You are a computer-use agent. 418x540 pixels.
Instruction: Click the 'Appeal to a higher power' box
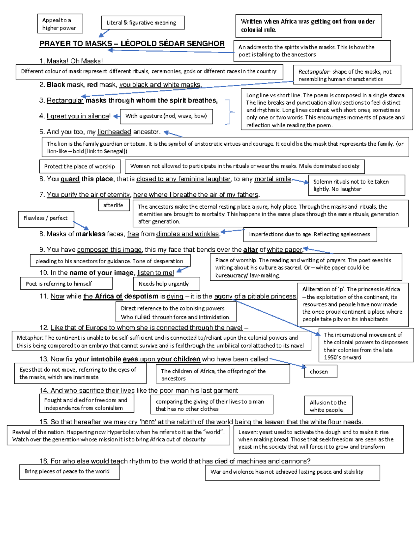coord(60,24)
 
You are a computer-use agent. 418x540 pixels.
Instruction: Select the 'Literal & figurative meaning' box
coord(143,23)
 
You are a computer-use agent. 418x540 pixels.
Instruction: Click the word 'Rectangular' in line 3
coord(65,100)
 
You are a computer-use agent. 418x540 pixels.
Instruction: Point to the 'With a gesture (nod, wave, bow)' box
coord(166,116)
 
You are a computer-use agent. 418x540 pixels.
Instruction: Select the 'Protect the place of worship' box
coord(80,166)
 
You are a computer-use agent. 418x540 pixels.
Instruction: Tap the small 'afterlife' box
coord(114,205)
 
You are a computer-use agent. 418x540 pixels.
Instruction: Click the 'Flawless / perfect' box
coord(46,218)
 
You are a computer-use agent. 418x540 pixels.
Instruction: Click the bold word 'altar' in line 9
coord(250,250)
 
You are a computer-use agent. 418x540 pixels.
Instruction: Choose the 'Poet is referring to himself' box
coord(66,284)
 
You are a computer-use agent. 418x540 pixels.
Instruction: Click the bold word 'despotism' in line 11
coord(141,296)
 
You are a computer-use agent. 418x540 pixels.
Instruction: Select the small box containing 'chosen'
coord(319,372)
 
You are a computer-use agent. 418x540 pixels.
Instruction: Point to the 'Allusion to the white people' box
coord(328,406)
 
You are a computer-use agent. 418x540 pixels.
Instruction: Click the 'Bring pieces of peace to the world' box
coord(69,472)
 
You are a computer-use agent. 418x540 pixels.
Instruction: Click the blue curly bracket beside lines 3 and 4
coord(230,112)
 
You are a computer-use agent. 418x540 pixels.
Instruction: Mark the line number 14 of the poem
coord(44,390)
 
